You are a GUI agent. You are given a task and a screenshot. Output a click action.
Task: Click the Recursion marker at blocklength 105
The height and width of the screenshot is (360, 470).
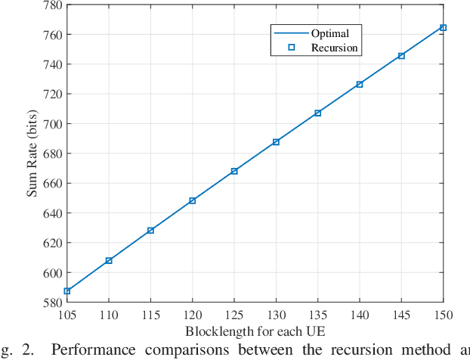pyautogui.click(x=67, y=291)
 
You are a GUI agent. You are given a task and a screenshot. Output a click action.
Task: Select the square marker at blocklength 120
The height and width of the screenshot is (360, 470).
pyautogui.click(x=193, y=200)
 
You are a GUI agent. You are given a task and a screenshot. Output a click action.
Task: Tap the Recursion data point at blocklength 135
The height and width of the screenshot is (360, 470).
pyautogui.click(x=317, y=113)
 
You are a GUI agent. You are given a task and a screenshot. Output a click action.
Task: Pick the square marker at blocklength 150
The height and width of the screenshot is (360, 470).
pyautogui.click(x=443, y=27)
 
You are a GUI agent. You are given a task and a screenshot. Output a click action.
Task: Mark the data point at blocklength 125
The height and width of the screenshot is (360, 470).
pyautogui.click(x=234, y=171)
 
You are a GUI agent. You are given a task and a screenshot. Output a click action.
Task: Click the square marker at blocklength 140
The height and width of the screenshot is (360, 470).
pyautogui.click(x=360, y=84)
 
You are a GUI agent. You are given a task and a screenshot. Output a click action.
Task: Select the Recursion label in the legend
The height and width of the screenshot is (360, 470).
pyautogui.click(x=334, y=48)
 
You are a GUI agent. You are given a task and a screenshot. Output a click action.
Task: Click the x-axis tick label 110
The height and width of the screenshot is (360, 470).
pyautogui.click(x=109, y=313)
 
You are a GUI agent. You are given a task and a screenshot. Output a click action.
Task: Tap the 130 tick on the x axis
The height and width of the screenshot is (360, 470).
pyautogui.click(x=276, y=313)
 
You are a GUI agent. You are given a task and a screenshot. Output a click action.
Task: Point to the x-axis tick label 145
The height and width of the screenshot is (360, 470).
pyautogui.click(x=401, y=313)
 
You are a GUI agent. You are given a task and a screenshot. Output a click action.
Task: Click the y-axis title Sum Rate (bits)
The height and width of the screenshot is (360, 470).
pyautogui.click(x=32, y=154)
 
